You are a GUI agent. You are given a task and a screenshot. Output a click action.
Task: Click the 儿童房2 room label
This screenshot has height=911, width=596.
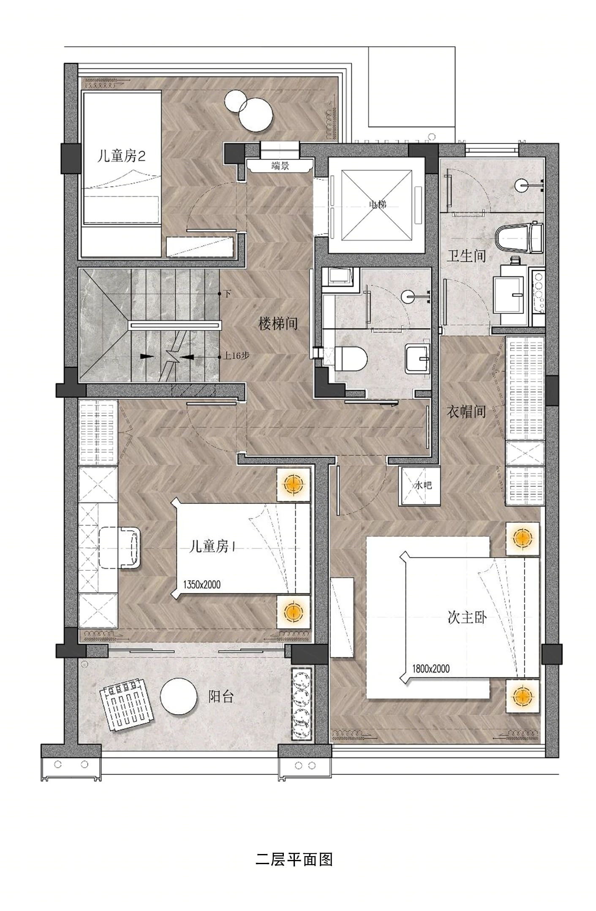(x=121, y=157)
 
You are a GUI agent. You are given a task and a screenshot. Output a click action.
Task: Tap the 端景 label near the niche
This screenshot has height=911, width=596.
(x=280, y=166)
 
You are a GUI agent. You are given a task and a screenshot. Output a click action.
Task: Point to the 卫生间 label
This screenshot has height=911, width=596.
(x=466, y=256)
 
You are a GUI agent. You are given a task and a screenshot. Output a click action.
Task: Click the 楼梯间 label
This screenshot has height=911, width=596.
(x=278, y=324)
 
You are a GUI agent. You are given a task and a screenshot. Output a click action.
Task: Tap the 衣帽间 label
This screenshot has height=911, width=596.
(x=466, y=412)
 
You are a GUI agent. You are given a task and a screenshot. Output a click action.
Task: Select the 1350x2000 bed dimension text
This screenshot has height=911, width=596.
(x=202, y=585)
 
